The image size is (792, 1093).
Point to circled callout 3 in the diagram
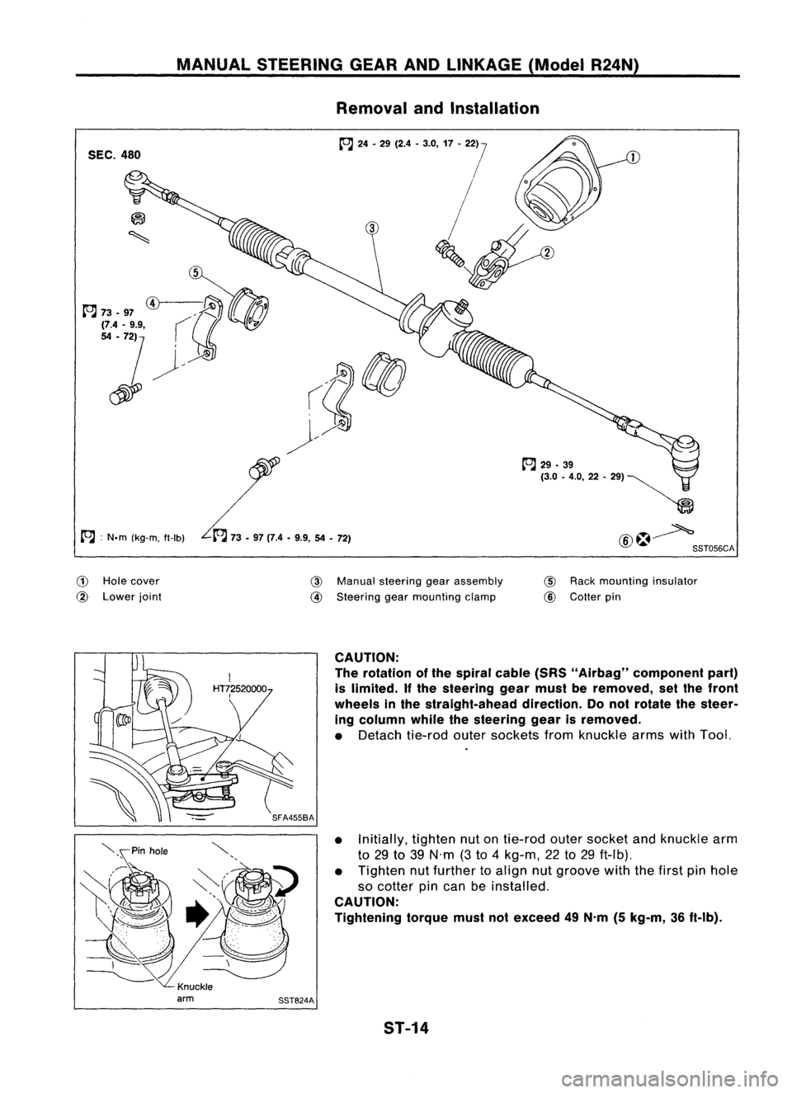point(372,228)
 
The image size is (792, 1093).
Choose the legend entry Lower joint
point(133,596)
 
